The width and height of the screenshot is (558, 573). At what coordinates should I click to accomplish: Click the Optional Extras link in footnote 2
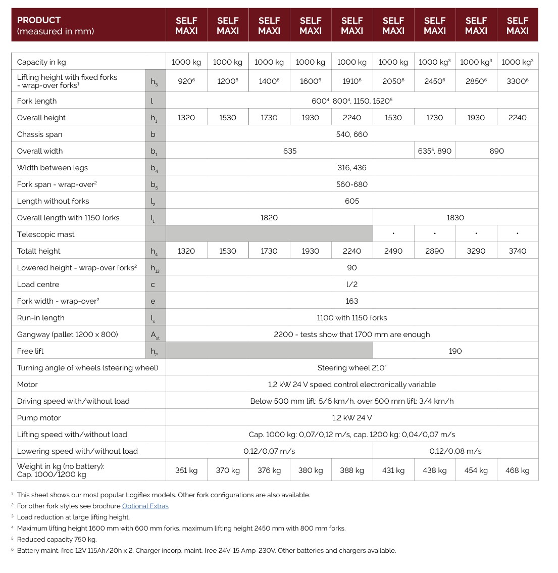[x=145, y=506]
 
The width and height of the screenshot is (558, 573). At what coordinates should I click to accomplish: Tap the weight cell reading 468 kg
[x=517, y=470]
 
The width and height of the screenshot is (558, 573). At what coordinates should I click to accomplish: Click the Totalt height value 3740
[x=517, y=251]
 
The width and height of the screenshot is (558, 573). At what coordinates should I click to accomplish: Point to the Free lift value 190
[x=455, y=351]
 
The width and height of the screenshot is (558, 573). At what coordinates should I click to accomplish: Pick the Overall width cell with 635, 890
[x=434, y=151]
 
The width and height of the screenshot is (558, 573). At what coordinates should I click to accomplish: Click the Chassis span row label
[x=39, y=134]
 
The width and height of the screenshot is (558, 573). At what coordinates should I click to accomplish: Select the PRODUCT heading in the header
[x=39, y=20]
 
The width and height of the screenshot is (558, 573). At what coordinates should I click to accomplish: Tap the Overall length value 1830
[x=455, y=218]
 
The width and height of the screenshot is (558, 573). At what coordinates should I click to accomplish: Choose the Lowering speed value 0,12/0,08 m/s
[x=455, y=451]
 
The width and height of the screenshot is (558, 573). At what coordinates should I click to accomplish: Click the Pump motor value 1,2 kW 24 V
[x=351, y=418]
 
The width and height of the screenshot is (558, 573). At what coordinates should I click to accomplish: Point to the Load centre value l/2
[x=351, y=284]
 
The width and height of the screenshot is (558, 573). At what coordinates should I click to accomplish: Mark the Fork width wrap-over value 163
[x=351, y=301]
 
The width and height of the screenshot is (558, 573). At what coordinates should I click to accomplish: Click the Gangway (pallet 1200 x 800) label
[x=67, y=335]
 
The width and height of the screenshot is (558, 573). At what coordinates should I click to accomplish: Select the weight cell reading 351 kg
[x=186, y=470]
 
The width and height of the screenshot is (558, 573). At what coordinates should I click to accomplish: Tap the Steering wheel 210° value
[x=351, y=368]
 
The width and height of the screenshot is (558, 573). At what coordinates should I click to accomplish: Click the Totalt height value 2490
[x=393, y=251]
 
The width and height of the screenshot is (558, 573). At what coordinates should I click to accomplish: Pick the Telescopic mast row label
[x=45, y=234]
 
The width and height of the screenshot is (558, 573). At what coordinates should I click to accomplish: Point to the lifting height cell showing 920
[x=186, y=81]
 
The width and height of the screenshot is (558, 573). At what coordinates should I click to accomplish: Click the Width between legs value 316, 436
[x=351, y=168]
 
